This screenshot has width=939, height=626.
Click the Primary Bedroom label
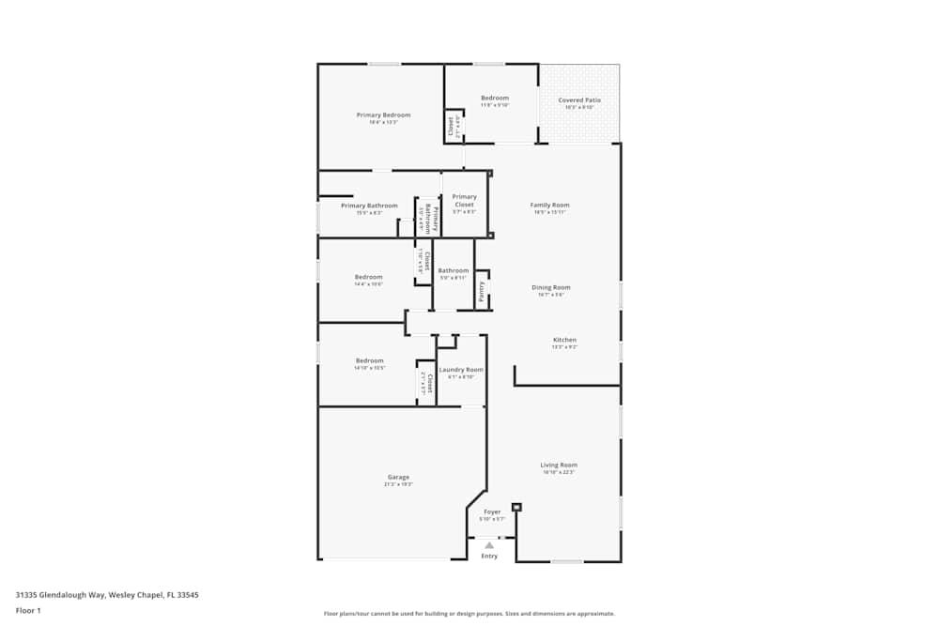point(383,115)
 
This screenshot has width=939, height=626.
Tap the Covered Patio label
point(579,100)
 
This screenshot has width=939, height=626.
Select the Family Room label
point(549,206)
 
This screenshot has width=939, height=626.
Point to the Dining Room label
point(551,288)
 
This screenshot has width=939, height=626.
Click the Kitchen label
point(564,340)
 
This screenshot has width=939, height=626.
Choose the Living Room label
point(558,466)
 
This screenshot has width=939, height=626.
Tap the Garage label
point(398,477)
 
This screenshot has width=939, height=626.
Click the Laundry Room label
point(461,370)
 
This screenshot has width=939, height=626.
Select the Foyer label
point(492,512)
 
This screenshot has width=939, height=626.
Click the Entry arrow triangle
point(489,544)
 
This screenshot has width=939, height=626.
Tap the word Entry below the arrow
point(489,557)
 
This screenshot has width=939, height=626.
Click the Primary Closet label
point(464,201)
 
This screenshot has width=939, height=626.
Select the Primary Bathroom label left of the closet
point(369,206)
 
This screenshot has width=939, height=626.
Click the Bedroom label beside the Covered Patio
point(495,99)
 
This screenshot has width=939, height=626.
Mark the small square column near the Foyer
point(516,508)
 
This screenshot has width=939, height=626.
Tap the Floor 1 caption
point(28,610)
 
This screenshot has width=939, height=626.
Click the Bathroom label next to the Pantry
point(453,271)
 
